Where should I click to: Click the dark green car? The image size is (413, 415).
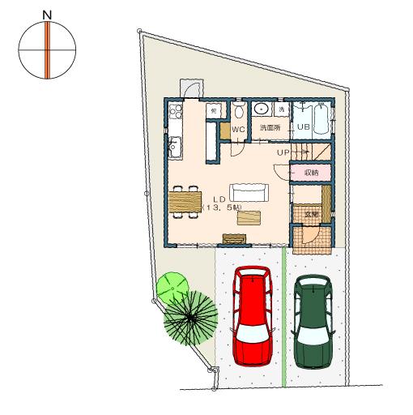(x=313, y=320)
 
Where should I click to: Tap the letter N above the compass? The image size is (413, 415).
(x=47, y=15)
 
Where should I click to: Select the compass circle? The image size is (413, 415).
(x=48, y=50)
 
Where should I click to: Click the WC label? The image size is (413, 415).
(x=238, y=129)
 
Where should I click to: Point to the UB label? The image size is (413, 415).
(x=303, y=127)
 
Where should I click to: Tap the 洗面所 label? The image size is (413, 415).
(x=270, y=128)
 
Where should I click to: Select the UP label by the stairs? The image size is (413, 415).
(x=283, y=152)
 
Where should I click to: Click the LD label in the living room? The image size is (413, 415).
(x=219, y=199)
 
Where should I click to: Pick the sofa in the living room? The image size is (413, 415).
(x=249, y=192)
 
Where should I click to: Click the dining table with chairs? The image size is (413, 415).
(x=185, y=201)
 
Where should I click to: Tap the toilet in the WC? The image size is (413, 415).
(x=239, y=110)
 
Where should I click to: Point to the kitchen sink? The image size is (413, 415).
(x=175, y=147)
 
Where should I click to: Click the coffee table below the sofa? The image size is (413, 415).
(x=249, y=216)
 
